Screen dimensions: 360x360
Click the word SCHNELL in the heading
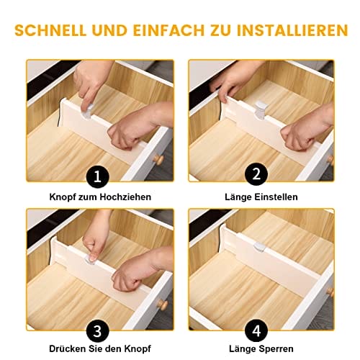point(50,30)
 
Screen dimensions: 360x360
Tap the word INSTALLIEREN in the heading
point(292,30)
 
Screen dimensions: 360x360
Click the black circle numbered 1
point(97,177)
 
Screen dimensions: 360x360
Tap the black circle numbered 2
point(256,174)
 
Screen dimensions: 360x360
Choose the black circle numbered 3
point(97,331)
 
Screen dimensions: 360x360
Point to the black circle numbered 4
point(256,331)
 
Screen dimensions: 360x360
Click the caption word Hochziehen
point(125,197)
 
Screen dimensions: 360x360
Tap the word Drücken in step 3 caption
point(66,348)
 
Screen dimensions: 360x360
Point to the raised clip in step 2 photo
point(261,111)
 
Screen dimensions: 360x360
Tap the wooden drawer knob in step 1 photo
point(158,159)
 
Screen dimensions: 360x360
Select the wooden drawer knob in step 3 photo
point(162,305)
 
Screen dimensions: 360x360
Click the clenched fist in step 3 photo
point(127,279)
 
